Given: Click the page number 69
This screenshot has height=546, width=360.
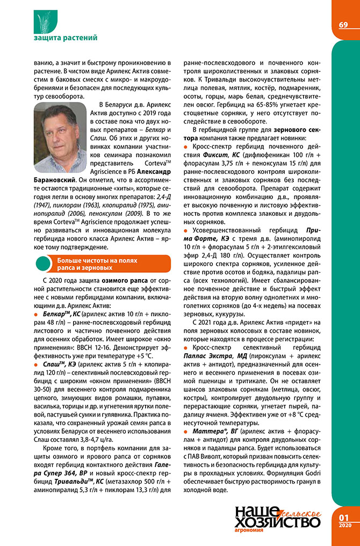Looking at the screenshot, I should (x=343, y=25).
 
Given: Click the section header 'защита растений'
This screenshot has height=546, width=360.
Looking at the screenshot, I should (x=66, y=38).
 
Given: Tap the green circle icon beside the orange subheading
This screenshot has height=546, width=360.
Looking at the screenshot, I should (x=41, y=264).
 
